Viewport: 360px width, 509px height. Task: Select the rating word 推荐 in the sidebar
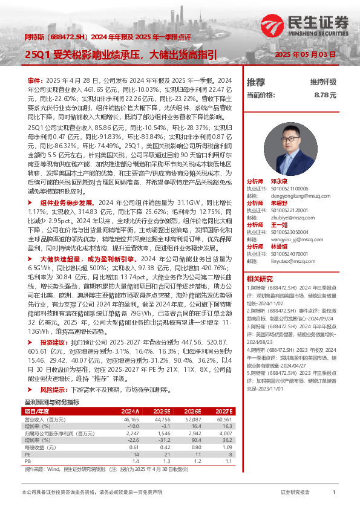pyautogui.click(x=256, y=82)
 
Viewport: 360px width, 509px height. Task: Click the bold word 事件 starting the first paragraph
pyautogui.click(x=34, y=80)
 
